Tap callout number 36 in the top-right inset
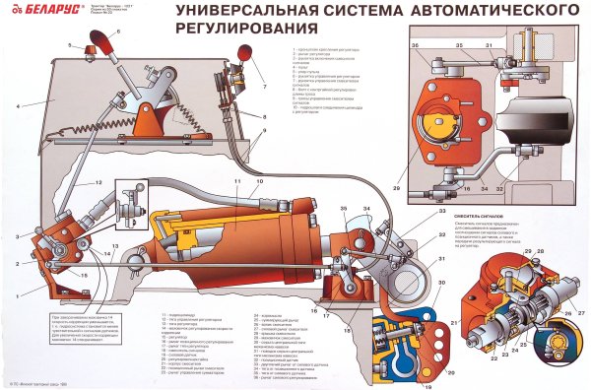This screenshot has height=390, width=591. coord(415,45)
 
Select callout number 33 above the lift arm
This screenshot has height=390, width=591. coord(416,213)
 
